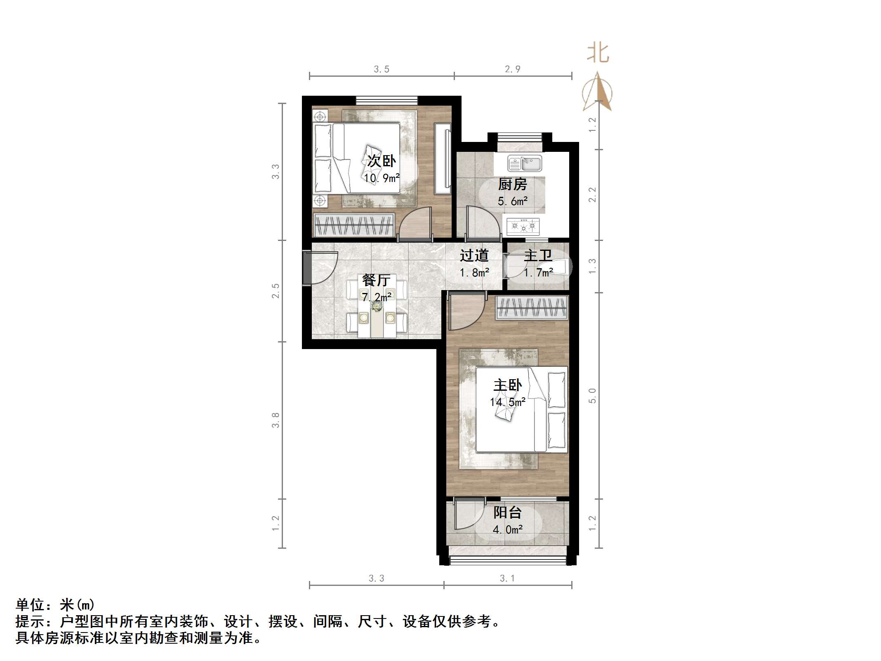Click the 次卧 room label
tap(382, 161)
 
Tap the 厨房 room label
tap(512, 184)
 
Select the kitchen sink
tap(524, 164)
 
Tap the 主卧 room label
tap(507, 385)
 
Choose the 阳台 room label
tap(507, 512)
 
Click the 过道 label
tap(474, 255)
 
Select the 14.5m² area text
tap(507, 402)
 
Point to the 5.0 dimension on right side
tap(592, 395)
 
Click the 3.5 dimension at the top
tap(382, 69)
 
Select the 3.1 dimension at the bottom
tap(507, 578)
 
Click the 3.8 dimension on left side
tap(276, 420)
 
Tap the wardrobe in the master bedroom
tap(532, 308)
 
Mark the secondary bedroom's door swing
tap(415, 223)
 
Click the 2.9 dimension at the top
tap(513, 69)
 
